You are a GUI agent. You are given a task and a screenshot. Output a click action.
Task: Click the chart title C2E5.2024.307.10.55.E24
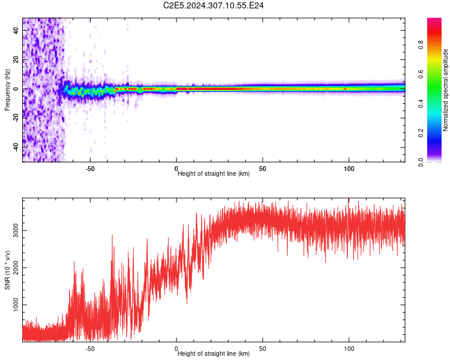214,5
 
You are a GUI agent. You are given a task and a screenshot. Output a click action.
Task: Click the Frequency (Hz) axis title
7,90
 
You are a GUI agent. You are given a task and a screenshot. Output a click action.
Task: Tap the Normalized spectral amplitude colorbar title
445,90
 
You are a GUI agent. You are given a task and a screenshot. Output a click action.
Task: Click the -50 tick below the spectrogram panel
90,168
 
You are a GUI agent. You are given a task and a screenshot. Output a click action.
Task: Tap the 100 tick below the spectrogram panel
349,168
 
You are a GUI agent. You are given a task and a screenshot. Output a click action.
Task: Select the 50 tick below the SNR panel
262,348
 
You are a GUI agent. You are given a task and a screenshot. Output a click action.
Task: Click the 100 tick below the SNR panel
349,348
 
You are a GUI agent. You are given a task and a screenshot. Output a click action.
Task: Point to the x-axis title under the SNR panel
214,353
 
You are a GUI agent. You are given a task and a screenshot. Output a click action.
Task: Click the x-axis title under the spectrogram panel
214,173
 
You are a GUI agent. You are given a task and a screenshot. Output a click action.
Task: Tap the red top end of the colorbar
434,21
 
